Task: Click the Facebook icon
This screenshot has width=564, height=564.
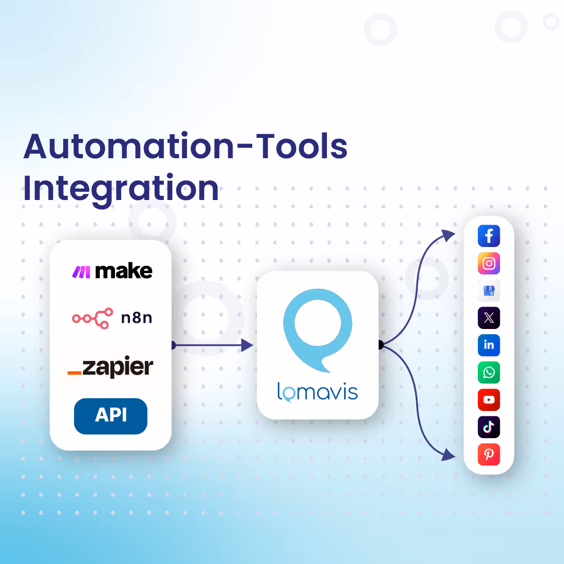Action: (489, 236)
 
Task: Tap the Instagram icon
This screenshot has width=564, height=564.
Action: (489, 263)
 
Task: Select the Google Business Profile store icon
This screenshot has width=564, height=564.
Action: (489, 290)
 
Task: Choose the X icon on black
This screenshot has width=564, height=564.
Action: (489, 318)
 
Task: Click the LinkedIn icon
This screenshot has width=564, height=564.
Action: (489, 345)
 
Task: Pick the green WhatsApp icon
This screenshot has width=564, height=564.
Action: (489, 372)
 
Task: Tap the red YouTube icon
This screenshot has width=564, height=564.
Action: (489, 399)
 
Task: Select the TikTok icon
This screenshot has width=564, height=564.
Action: (489, 427)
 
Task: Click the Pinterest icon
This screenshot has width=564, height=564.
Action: (489, 454)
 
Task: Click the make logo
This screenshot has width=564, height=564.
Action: (112, 271)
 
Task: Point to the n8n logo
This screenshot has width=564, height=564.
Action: (112, 318)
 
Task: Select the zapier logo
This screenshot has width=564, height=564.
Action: (111, 367)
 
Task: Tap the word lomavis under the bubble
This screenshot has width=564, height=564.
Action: (318, 392)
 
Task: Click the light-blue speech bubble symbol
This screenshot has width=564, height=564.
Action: (318, 329)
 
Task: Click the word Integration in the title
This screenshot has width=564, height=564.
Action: (121, 189)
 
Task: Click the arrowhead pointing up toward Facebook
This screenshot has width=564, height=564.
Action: (449, 236)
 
